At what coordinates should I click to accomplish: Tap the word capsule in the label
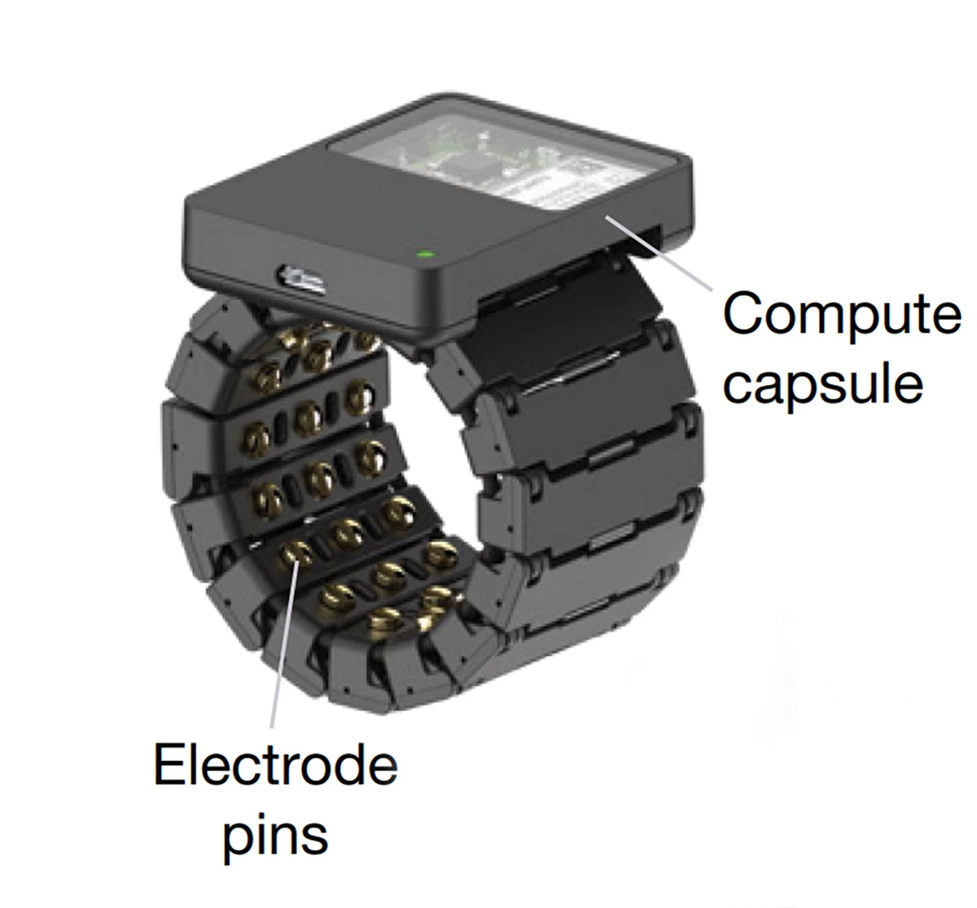[x=824, y=384]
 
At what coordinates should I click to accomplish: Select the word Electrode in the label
[x=275, y=766]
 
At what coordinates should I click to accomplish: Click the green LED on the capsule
[x=423, y=255]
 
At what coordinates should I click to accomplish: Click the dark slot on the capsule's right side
[x=643, y=240]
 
